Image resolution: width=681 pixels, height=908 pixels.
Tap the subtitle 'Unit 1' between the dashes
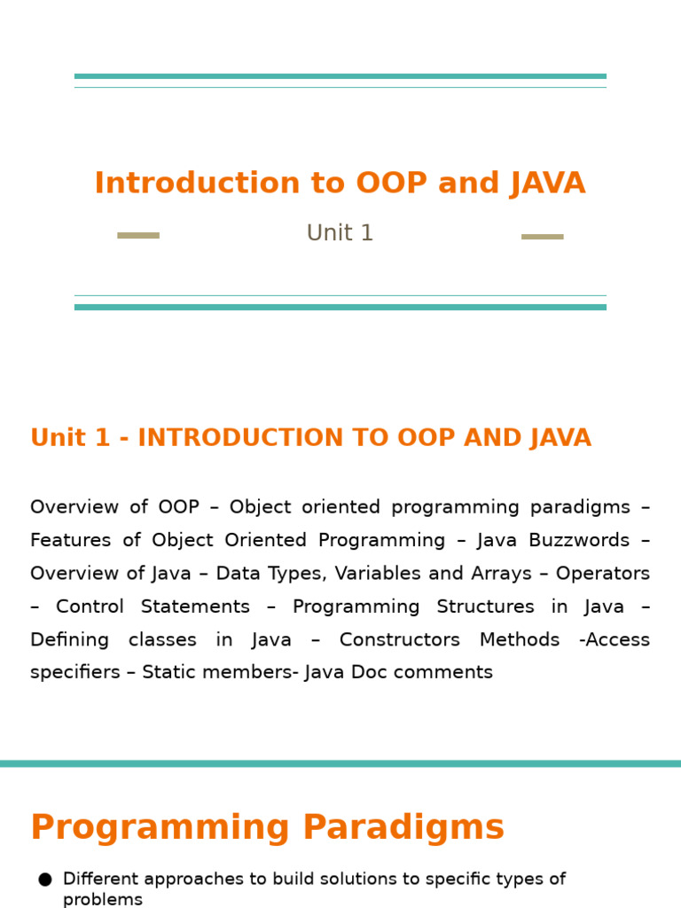340,233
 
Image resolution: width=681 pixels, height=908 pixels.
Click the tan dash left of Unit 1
138,235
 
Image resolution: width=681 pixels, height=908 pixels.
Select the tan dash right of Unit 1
543,236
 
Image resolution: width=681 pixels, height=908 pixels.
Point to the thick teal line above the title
340,76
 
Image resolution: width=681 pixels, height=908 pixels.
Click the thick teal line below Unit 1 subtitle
340,307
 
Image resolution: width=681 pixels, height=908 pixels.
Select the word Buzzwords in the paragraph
579,540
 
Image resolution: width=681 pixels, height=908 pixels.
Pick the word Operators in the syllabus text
603,574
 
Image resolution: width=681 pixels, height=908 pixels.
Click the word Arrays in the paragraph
502,574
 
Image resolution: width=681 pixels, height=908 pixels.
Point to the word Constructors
400,639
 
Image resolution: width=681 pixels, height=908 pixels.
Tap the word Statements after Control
195,607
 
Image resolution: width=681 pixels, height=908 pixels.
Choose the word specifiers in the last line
75,672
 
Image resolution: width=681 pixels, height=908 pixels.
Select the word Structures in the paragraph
485,607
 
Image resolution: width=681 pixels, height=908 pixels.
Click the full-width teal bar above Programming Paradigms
340,763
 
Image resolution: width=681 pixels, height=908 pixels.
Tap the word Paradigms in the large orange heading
403,827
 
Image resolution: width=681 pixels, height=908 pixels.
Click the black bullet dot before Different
45,880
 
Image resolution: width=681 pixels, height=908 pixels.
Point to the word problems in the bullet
103,900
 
